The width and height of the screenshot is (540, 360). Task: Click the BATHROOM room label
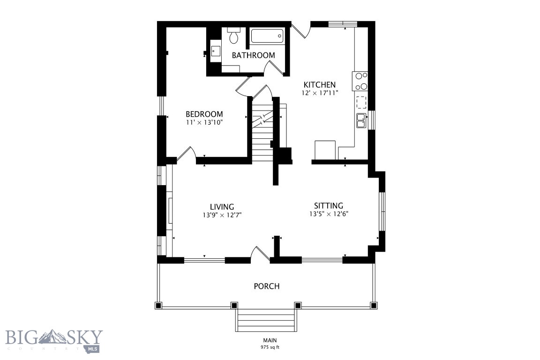pyautogui.click(x=253, y=55)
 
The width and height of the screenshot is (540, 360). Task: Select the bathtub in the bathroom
pyautogui.click(x=267, y=37)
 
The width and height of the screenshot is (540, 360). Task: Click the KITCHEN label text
pyautogui.click(x=320, y=85)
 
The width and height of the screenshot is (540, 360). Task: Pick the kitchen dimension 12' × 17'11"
pyautogui.click(x=320, y=93)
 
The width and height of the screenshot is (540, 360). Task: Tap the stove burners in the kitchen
pyautogui.click(x=360, y=81)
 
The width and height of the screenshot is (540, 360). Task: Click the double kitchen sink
pyautogui.click(x=361, y=120)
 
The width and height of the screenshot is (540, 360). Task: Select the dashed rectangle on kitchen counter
pyautogui.click(x=361, y=102)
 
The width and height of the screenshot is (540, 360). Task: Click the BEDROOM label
pyautogui.click(x=204, y=114)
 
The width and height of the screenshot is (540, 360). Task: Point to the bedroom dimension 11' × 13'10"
pyautogui.click(x=204, y=122)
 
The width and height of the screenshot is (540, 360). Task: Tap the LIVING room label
pyautogui.click(x=222, y=207)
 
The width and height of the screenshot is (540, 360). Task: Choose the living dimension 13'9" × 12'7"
pyautogui.click(x=222, y=215)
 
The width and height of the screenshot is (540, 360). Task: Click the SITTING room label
pyautogui.click(x=328, y=205)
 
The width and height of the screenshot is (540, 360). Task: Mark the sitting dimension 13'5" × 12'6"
pyautogui.click(x=328, y=214)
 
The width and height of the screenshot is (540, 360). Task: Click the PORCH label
pyautogui.click(x=267, y=286)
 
